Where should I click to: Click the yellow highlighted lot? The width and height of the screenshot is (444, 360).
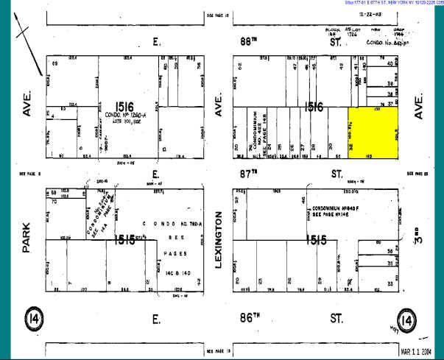click(373, 130)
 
